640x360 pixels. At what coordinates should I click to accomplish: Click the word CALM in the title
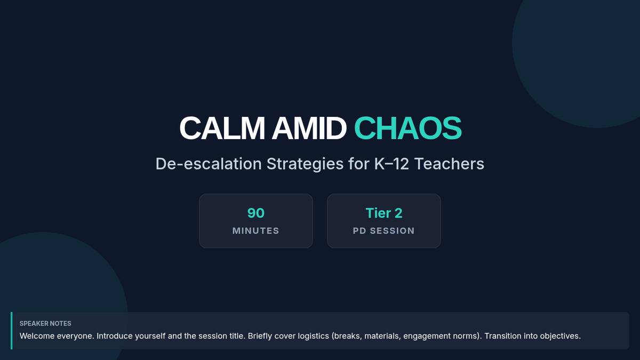pos(222,129)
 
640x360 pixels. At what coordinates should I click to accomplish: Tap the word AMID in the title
pos(309,129)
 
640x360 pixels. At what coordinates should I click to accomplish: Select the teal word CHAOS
pos(407,129)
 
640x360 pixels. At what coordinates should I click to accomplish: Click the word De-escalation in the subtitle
pos(209,164)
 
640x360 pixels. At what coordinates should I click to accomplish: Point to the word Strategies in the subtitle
pos(305,164)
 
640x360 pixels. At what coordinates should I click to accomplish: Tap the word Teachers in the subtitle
pos(449,164)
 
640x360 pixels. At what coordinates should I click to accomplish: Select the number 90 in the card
pos(256,213)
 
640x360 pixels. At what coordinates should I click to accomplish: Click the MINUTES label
pos(256,230)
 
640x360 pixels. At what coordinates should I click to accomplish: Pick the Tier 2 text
pos(384,213)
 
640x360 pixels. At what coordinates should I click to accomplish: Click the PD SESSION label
pos(384,230)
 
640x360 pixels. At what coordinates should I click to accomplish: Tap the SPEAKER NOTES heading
pos(45,323)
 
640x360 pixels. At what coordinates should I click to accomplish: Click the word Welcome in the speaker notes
pos(37,335)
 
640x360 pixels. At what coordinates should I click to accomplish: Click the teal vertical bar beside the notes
pos(11,331)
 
